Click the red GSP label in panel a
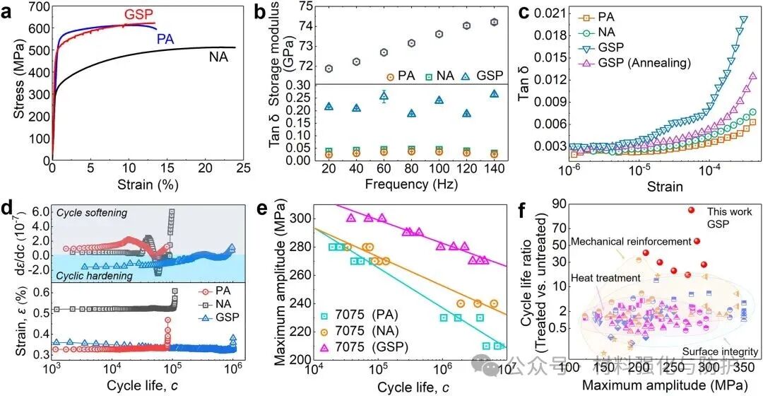[140, 15]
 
